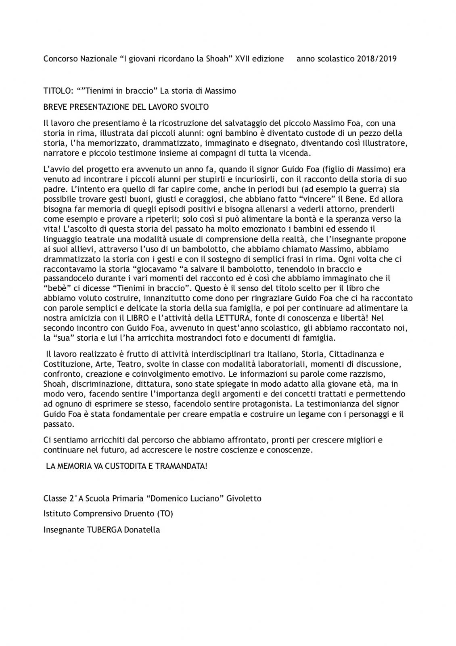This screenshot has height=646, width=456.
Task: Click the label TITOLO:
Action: [58, 91]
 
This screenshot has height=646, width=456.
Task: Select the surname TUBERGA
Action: [106, 530]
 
